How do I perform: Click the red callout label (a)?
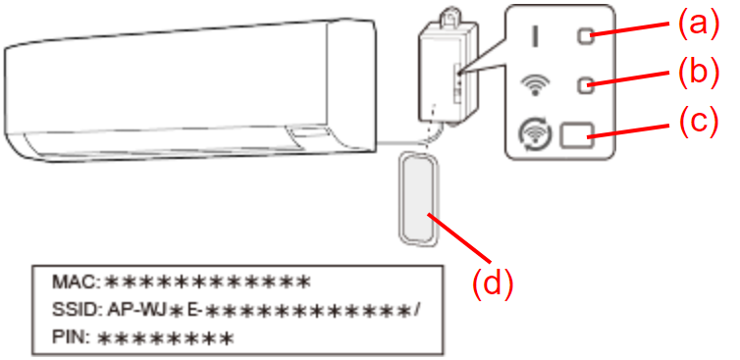pyautogui.click(x=699, y=25)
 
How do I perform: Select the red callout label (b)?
pyautogui.click(x=699, y=74)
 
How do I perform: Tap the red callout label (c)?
pyautogui.click(x=699, y=122)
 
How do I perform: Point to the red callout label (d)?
pyautogui.click(x=493, y=283)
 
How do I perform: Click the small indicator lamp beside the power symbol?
pyautogui.click(x=586, y=36)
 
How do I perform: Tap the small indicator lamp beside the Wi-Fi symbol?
pyautogui.click(x=586, y=85)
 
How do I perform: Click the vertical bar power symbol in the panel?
pyautogui.click(x=535, y=36)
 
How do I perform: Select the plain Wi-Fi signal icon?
pyautogui.click(x=534, y=85)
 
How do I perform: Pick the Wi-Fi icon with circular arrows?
pyautogui.click(x=533, y=135)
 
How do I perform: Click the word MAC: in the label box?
pyautogui.click(x=76, y=283)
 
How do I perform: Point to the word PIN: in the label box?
pyautogui.click(x=71, y=337)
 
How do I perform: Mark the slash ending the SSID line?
pyautogui.click(x=416, y=310)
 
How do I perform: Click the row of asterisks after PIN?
pyautogui.click(x=166, y=338)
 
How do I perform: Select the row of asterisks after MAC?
pyautogui.click(x=207, y=283)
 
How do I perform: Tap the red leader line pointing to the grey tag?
pyautogui.click(x=458, y=236)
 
